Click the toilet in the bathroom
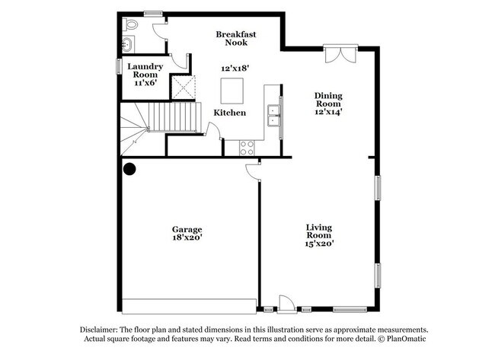click(130, 24)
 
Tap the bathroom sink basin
click(127, 44)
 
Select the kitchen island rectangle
click(232, 91)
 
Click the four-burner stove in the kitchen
click(247, 148)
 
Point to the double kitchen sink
click(273, 116)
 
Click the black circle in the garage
click(129, 169)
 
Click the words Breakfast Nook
click(236, 38)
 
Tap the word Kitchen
click(230, 113)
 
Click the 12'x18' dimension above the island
click(235, 68)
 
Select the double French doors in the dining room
click(340, 54)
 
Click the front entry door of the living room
click(287, 304)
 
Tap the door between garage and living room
click(253, 172)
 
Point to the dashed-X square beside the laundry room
click(184, 87)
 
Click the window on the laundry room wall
click(119, 66)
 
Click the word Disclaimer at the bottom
click(99, 330)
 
